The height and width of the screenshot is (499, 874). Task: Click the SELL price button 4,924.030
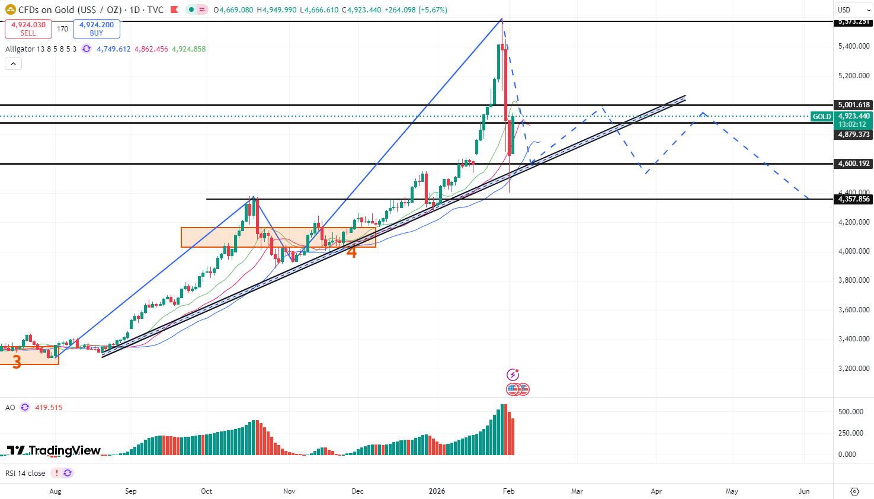[28, 28]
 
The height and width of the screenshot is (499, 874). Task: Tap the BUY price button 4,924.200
[97, 28]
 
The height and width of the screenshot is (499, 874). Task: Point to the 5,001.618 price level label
[854, 105]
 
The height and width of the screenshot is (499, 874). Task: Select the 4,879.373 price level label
[854, 135]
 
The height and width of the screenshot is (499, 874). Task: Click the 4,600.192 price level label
[854, 164]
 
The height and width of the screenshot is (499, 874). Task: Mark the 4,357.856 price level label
[854, 199]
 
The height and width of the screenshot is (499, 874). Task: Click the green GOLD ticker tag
[822, 117]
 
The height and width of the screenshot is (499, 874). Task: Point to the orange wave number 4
[351, 252]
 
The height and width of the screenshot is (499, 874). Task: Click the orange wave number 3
[17, 361]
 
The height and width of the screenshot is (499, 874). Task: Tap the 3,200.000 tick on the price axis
[854, 368]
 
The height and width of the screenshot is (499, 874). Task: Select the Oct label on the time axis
[206, 491]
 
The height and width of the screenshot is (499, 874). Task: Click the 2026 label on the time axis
[437, 491]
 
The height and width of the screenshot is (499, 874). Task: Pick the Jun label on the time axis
[804, 491]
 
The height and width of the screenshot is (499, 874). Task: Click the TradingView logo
[54, 450]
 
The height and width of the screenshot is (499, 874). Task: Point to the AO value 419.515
[49, 408]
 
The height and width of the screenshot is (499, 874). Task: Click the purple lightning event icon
[513, 375]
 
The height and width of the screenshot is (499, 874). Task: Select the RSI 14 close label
[25, 474]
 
